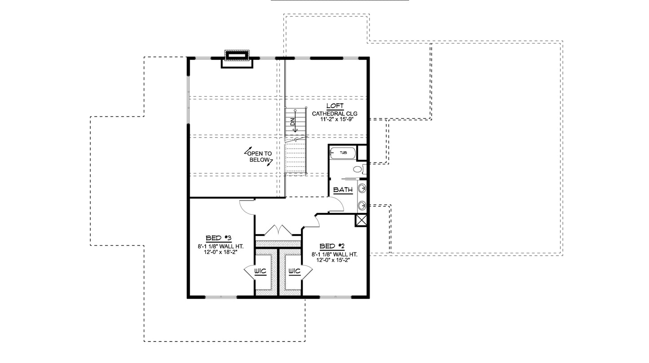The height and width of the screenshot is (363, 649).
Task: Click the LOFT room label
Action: tap(335, 106)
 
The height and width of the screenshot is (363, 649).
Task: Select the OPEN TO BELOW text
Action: tap(259, 157)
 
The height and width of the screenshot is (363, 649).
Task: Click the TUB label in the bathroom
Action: tap(343, 153)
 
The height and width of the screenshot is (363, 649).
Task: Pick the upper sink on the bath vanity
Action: tap(362, 188)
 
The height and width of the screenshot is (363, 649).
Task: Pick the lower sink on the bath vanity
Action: tap(362, 206)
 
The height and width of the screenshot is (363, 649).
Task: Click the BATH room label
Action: tap(343, 190)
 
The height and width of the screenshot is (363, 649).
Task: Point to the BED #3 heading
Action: tap(218, 238)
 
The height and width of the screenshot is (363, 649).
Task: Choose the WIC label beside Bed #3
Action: tap(260, 271)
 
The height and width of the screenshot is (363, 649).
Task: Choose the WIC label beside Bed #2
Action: tap(295, 271)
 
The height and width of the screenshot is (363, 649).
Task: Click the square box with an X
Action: tap(362, 220)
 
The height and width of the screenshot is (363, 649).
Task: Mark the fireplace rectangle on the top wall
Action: tap(237, 56)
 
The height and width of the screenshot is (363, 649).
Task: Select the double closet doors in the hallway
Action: tap(278, 230)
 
